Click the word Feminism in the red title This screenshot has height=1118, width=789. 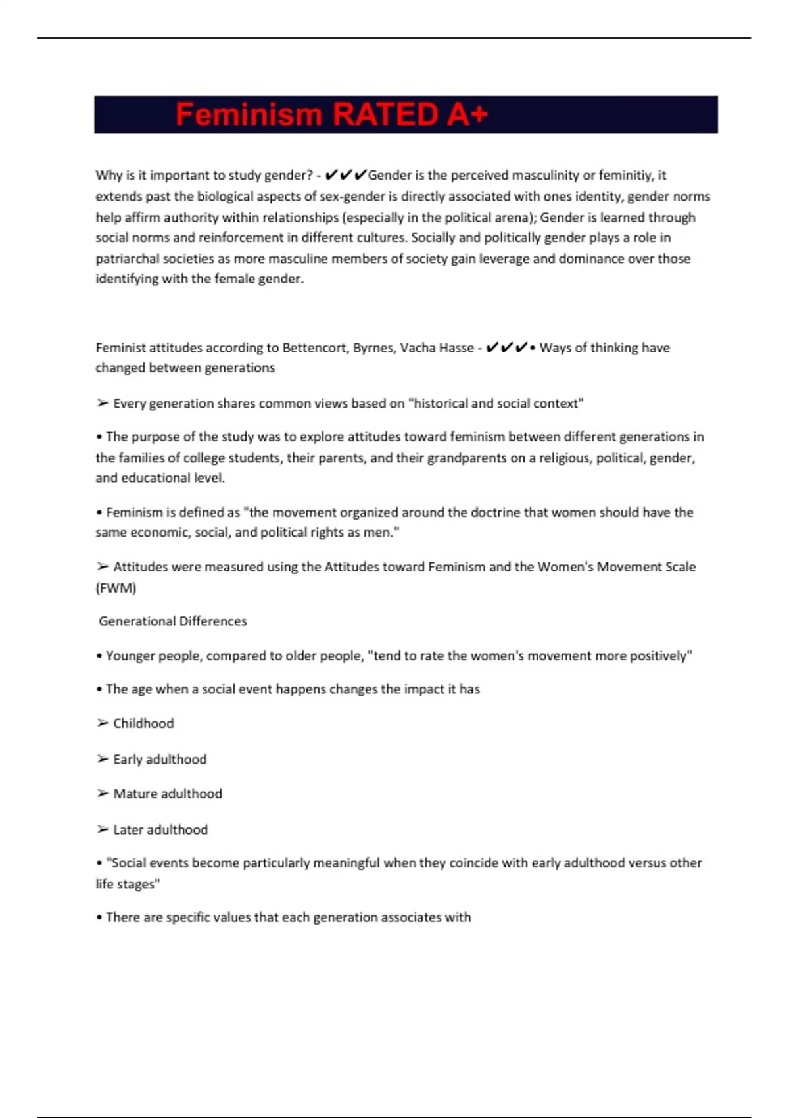point(249,114)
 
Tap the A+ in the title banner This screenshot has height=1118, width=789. point(467,114)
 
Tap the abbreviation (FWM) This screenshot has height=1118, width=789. point(116,588)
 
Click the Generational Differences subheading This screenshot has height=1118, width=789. point(172,621)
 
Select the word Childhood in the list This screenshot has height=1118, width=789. point(143,723)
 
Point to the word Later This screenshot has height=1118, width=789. point(128,829)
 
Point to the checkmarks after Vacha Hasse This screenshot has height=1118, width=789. point(506,347)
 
